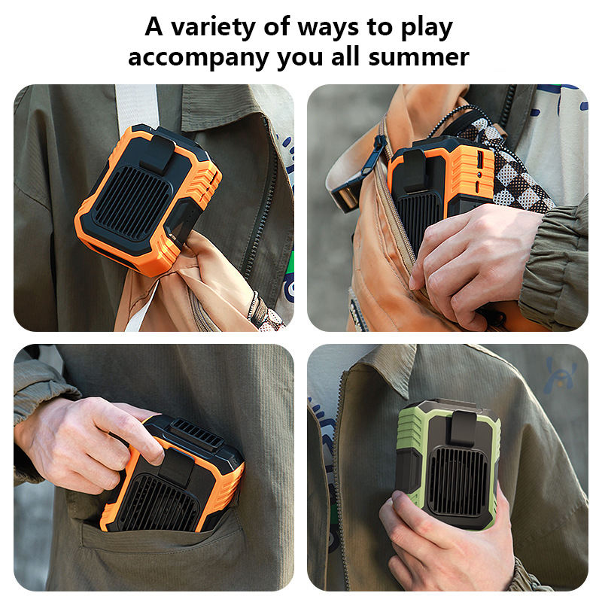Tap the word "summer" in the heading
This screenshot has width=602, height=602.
pos(426,56)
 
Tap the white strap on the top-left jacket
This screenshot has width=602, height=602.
pos(136,105)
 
